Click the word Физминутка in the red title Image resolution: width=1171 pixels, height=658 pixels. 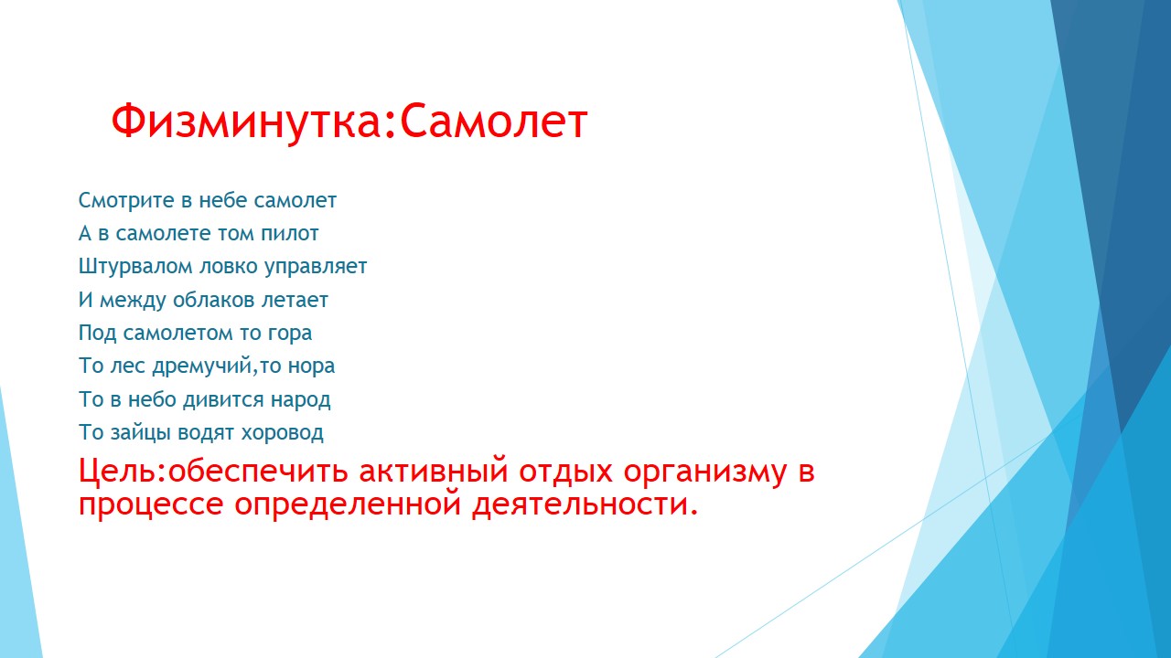pos(246,122)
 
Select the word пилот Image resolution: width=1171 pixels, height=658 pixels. pos(290,233)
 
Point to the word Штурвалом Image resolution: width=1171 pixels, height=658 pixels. pos(136,267)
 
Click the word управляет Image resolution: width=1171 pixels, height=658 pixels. pos(316,267)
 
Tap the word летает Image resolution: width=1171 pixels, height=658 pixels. pos(295,301)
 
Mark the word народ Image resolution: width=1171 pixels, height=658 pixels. pos(301,400)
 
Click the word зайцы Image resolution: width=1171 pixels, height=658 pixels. pos(141,433)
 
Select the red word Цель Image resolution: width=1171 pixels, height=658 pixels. pos(117,471)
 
